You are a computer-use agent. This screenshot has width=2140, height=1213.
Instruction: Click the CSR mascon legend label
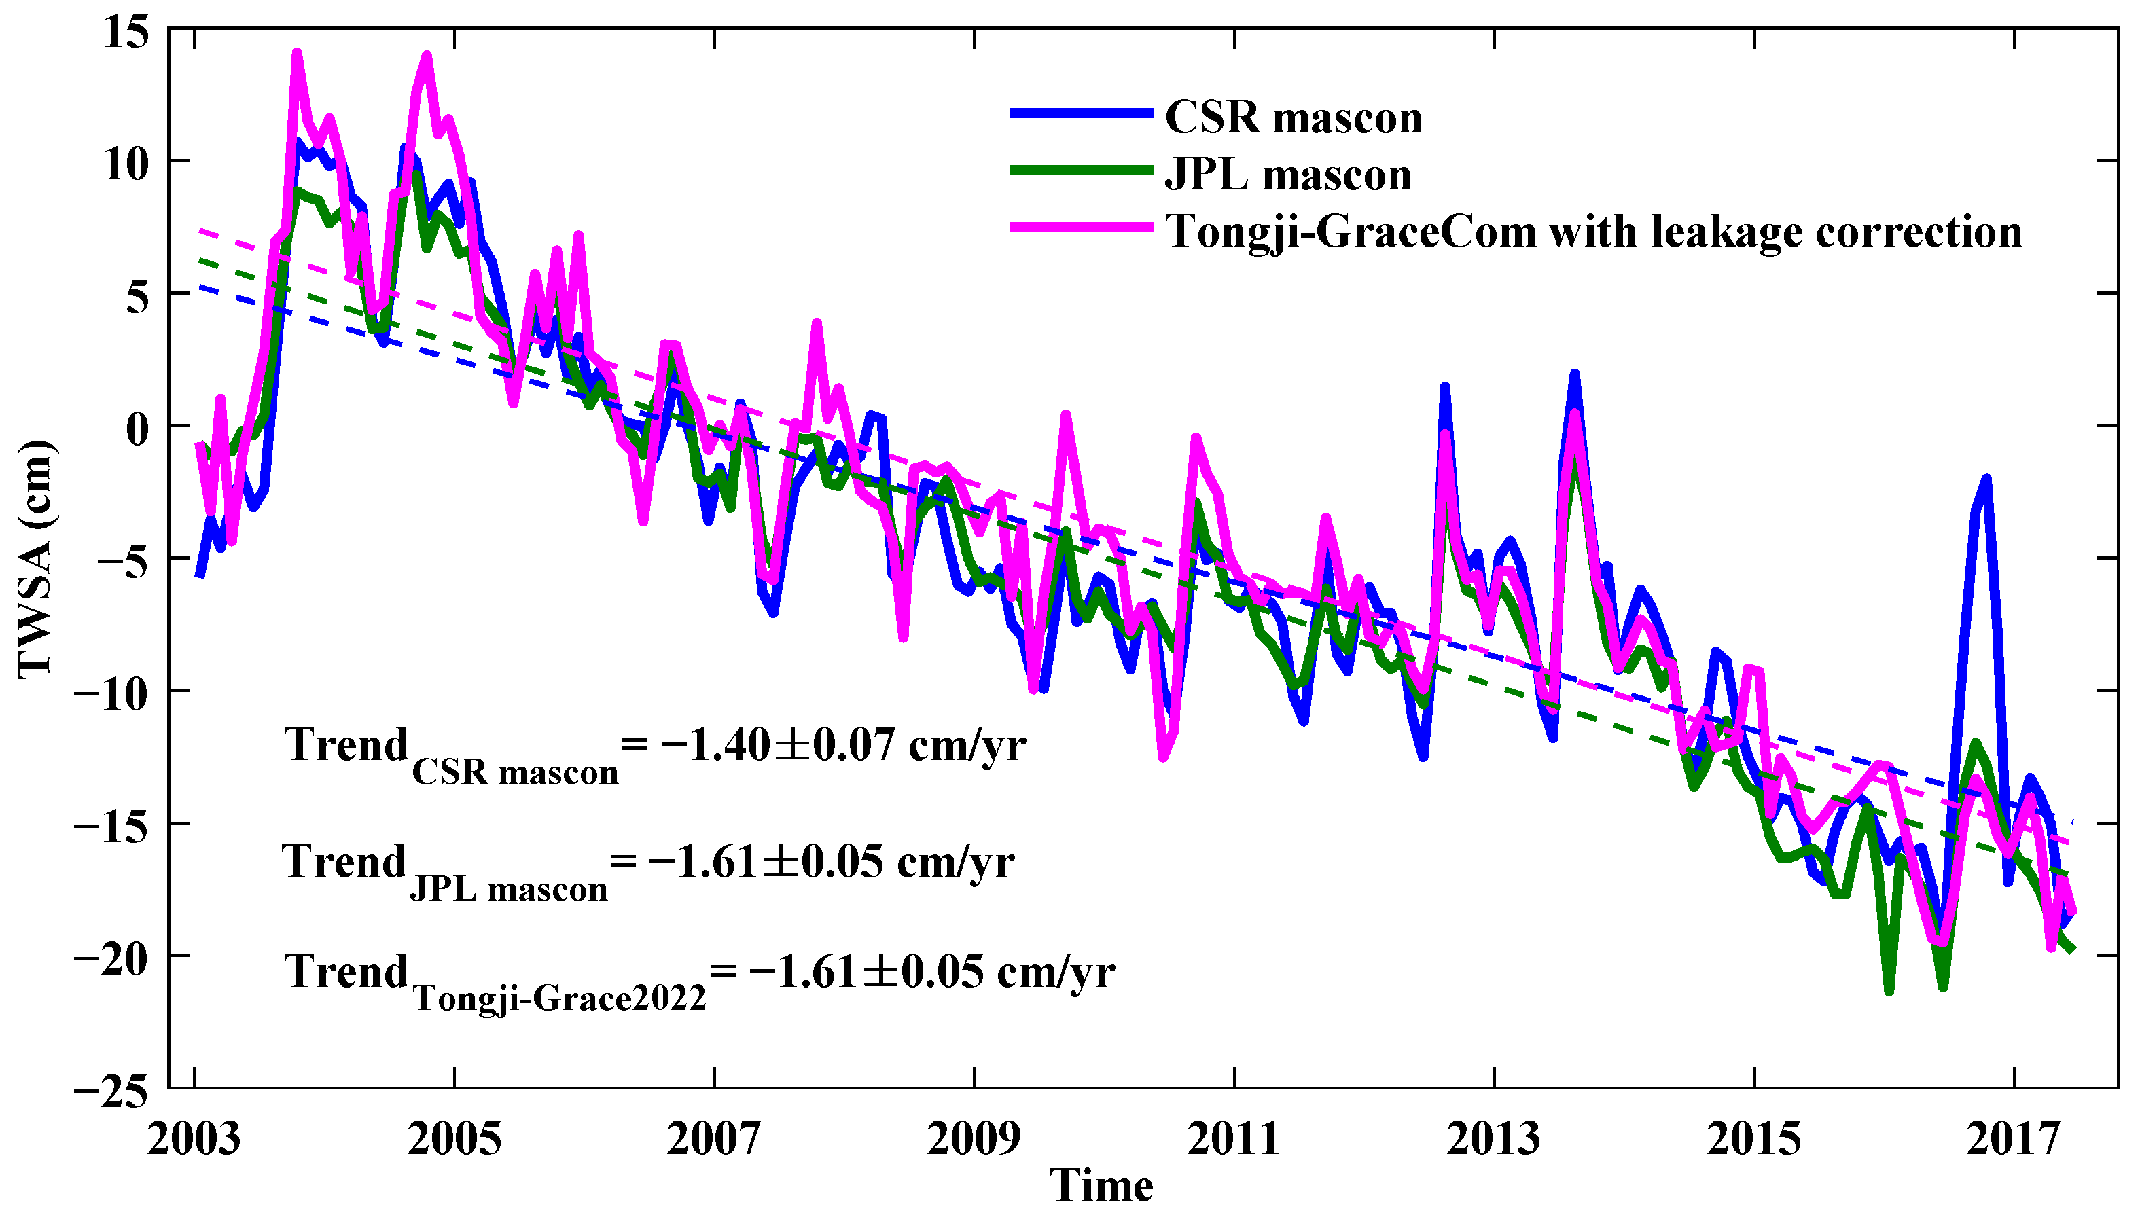click(x=1293, y=117)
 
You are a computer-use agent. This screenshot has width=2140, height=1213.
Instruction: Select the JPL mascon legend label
click(x=1287, y=175)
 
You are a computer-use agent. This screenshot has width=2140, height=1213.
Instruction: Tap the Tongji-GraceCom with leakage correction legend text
click(x=1593, y=232)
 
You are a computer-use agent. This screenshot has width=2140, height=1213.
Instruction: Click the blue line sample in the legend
click(x=1082, y=113)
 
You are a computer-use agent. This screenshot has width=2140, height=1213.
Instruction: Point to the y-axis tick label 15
click(x=126, y=33)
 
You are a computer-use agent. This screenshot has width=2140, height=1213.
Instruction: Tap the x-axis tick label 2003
click(x=194, y=1139)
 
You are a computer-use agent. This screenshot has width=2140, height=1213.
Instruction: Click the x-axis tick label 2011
click(x=1233, y=1139)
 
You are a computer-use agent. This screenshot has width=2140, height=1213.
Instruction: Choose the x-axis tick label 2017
click(x=2014, y=1139)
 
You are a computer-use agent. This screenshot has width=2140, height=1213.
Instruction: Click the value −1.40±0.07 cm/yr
click(x=842, y=744)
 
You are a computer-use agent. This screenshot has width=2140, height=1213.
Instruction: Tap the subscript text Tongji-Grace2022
click(x=559, y=997)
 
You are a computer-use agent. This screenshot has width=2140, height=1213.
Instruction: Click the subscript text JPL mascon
click(x=508, y=890)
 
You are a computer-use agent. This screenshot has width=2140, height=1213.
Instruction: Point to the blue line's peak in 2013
click(x=1574, y=374)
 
